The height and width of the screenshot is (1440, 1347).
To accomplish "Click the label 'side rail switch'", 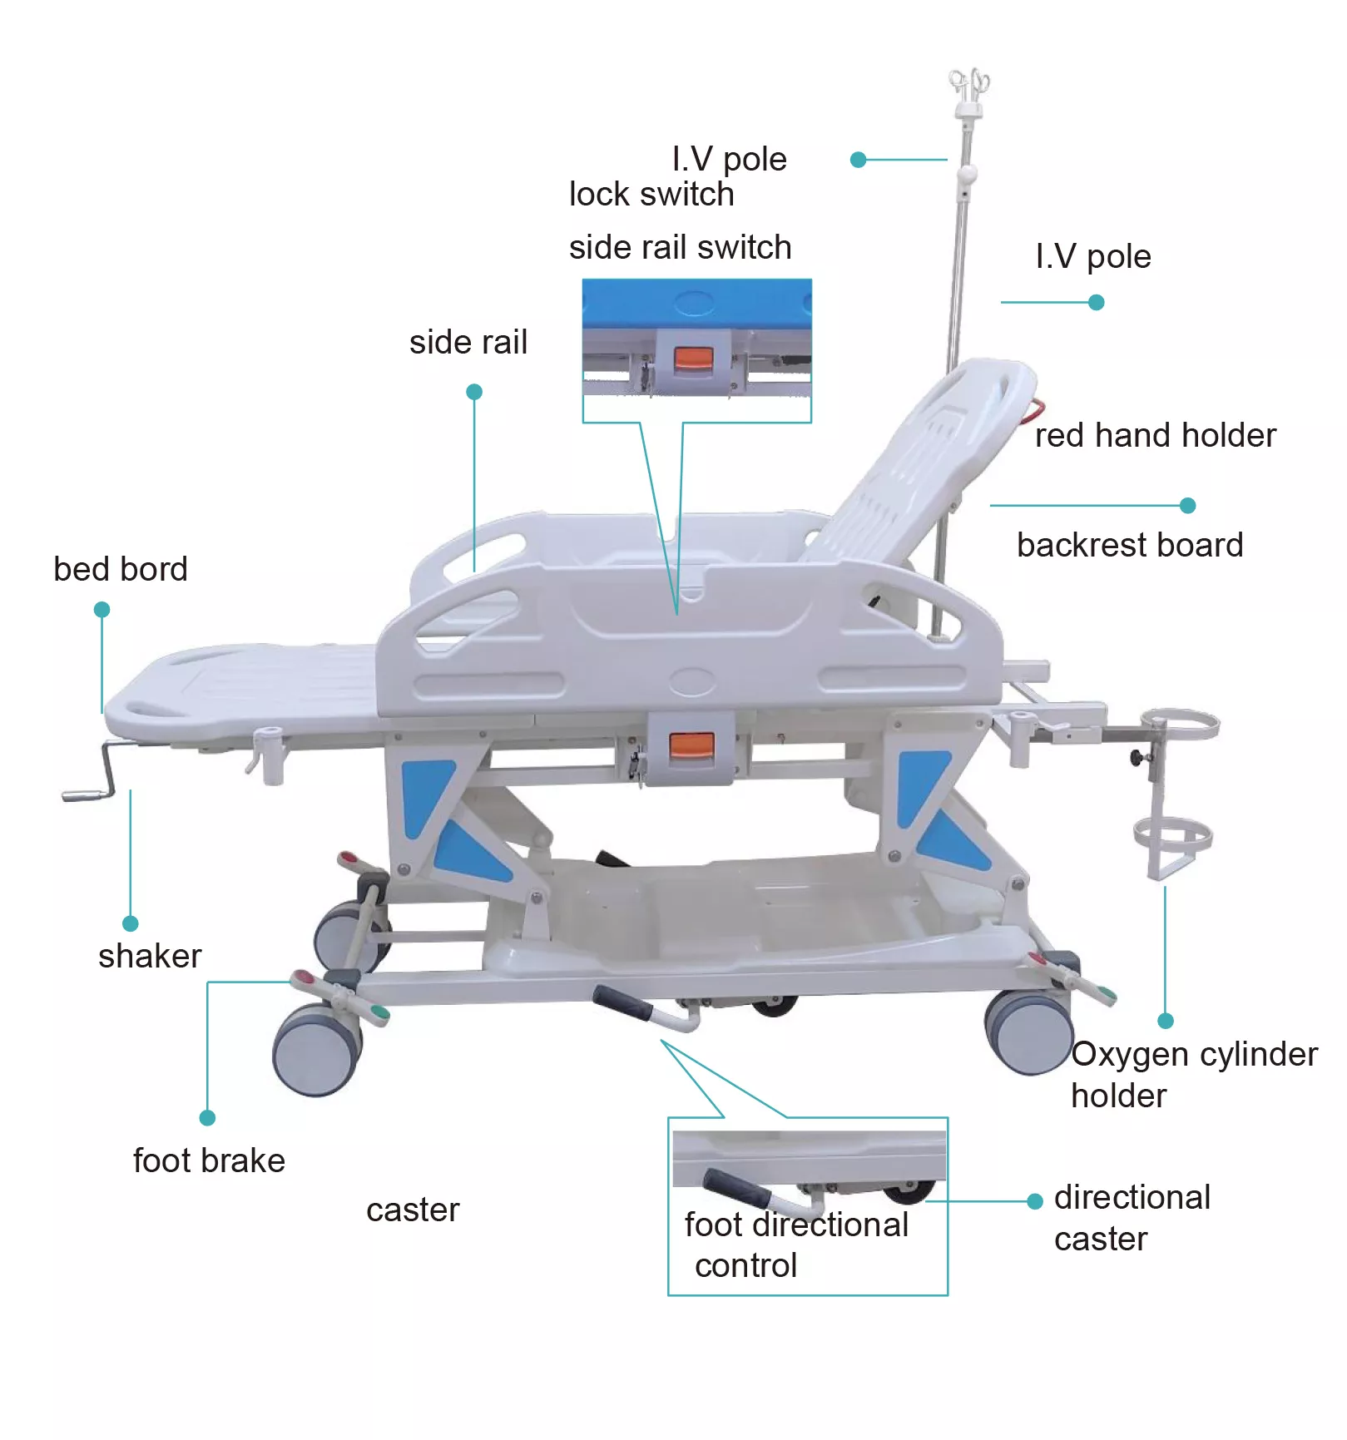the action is coord(680,247).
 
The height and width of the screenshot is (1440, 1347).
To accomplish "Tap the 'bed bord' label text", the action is coord(121,569).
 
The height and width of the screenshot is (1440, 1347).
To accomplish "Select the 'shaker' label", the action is coord(150,957).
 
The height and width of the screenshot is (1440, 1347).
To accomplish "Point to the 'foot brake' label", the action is coord(209,1160).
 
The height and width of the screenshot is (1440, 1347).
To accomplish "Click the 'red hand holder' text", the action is coord(1156,435).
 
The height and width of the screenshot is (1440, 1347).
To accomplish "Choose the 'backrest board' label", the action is coord(1130,545).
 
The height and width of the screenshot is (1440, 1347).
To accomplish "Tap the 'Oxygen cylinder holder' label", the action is coord(1194,1075).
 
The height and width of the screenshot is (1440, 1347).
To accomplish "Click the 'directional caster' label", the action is coord(1132,1218).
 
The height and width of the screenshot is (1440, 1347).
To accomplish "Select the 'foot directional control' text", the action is coord(796,1245).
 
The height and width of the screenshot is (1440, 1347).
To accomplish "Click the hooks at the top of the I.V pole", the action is coord(969,86).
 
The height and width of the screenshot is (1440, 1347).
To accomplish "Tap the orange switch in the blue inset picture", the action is coord(694,360).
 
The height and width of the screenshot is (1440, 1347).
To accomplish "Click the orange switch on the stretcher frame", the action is coord(691,745).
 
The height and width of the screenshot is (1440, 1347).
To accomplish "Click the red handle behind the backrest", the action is coord(1035,411).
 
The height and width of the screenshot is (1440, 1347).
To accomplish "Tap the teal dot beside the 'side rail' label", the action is coord(474,392).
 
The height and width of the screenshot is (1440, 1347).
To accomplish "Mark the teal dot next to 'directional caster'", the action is coord(1035,1201).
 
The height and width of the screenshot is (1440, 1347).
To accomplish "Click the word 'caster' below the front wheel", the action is coord(413,1210).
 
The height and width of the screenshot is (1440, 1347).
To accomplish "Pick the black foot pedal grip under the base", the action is coord(622,1003).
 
